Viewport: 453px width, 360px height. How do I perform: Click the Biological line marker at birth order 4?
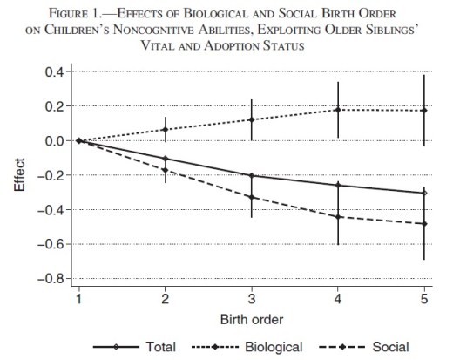[x=338, y=110]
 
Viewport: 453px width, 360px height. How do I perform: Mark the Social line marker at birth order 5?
[x=424, y=224]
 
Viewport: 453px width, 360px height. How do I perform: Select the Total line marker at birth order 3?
[x=251, y=175]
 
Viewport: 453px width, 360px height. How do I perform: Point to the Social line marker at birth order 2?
[x=165, y=170]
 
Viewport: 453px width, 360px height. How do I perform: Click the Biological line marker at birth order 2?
[x=165, y=129]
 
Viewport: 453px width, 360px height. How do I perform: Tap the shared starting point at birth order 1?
[x=78, y=140]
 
